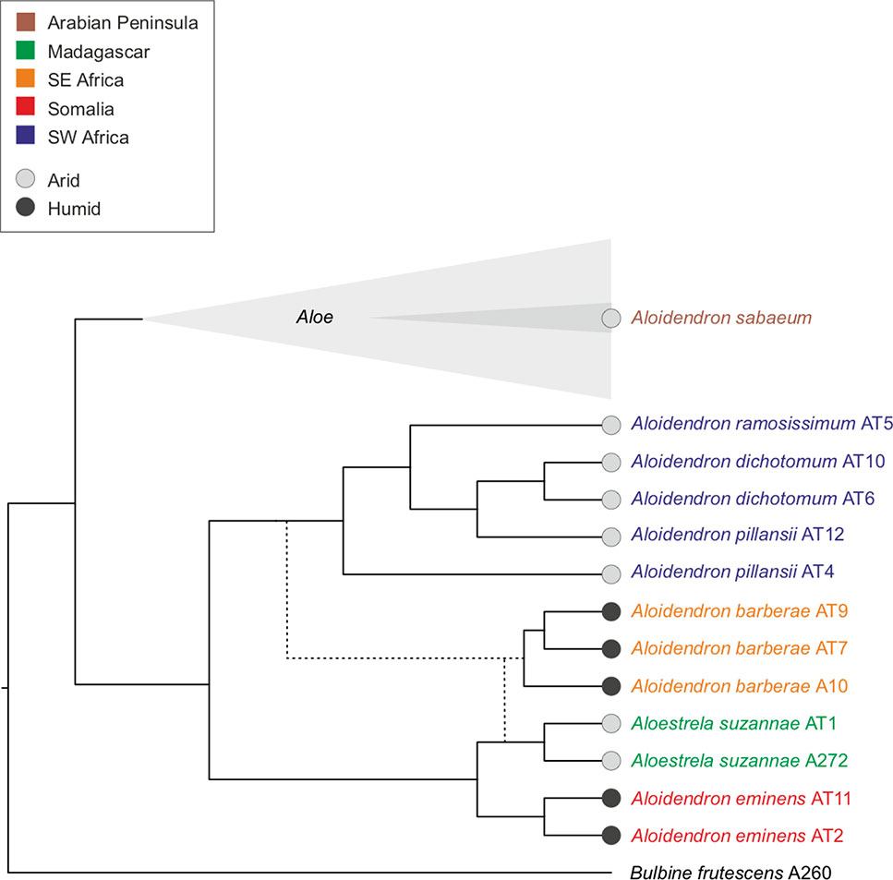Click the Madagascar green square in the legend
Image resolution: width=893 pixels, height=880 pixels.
pos(27,52)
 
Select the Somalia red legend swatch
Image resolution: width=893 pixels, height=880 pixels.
pos(27,109)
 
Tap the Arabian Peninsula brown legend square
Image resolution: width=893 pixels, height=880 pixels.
pos(27,20)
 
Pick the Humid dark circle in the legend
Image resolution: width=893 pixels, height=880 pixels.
pos(27,209)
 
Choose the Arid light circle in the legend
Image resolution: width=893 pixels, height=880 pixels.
pos(27,180)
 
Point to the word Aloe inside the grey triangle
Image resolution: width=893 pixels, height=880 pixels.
pos(314,318)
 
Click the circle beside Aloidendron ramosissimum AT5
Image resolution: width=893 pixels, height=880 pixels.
pos(609,426)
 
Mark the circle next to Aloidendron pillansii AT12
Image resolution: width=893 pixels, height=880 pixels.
pos(609,536)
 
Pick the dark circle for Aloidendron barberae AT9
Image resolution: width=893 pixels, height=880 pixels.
pos(609,610)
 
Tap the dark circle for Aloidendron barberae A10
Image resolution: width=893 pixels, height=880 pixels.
pos(609,686)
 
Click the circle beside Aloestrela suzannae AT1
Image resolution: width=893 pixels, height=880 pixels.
pos(609,723)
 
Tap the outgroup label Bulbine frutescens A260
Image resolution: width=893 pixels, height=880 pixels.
pos(735,872)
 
